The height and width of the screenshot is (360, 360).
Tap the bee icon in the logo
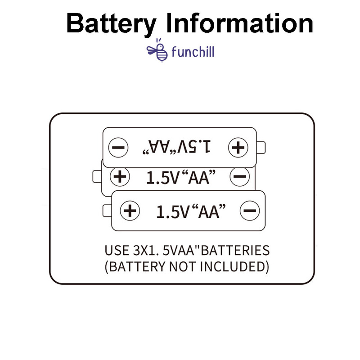[158, 50]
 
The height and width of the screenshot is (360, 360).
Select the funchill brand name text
[193, 52]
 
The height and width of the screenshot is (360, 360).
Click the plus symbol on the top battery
[238, 147]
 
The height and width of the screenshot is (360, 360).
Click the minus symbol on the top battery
[119, 147]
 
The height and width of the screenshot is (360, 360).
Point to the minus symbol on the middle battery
[239, 176]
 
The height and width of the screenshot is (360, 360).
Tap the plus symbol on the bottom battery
[130, 211]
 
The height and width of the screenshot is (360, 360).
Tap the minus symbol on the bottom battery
[250, 211]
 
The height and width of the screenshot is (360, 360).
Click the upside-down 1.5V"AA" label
[177, 146]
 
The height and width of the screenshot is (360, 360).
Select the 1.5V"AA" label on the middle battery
[179, 177]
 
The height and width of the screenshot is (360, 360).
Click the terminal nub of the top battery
[263, 147]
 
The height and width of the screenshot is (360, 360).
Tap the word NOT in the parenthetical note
[184, 266]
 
